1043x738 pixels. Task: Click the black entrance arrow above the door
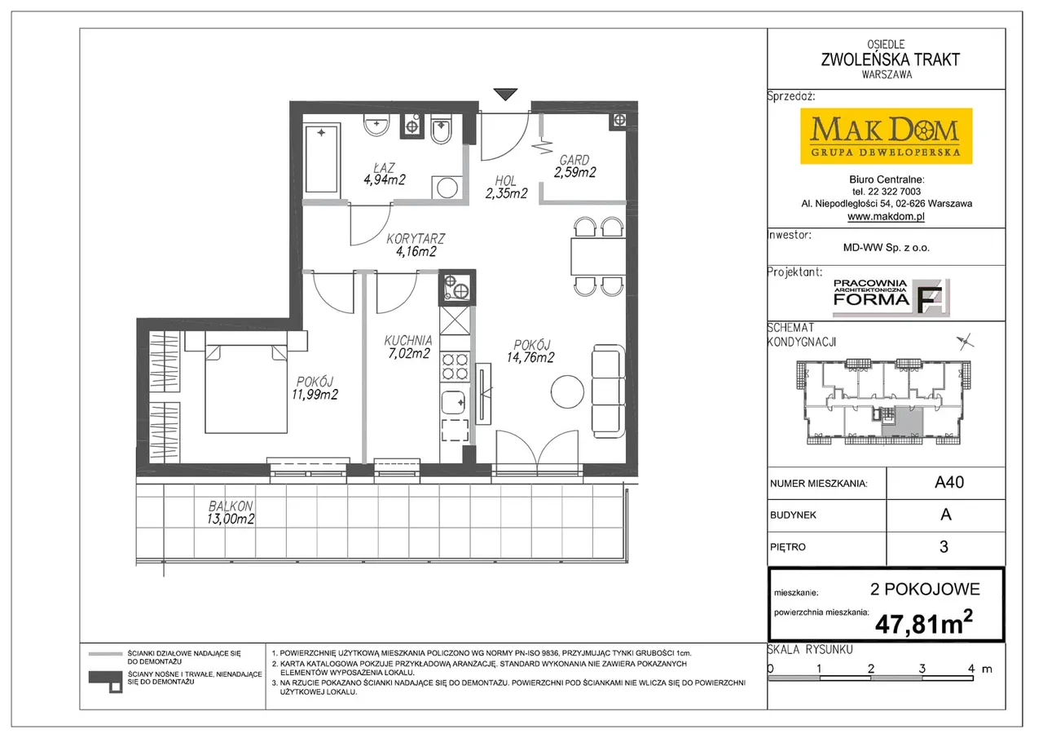click(505, 94)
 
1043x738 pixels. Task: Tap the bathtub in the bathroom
click(322, 158)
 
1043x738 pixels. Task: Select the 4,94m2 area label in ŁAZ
click(385, 180)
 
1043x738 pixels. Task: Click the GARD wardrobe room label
click(574, 160)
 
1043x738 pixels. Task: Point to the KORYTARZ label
click(416, 239)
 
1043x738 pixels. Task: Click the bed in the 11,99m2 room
click(246, 389)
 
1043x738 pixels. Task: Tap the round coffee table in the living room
click(567, 391)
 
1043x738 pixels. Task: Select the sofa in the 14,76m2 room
click(608, 391)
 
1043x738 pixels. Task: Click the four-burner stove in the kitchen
click(455, 367)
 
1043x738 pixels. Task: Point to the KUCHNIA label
click(408, 341)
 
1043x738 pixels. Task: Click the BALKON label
click(231, 506)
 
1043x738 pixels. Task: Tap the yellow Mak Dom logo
click(886, 136)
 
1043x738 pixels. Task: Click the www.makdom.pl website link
click(886, 216)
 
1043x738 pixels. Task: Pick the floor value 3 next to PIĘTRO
click(944, 547)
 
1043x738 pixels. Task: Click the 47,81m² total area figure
click(924, 623)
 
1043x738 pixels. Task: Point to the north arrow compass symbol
click(966, 342)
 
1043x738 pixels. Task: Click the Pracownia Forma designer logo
click(891, 298)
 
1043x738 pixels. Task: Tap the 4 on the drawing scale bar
click(971, 668)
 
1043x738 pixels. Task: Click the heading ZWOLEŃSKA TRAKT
click(890, 60)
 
